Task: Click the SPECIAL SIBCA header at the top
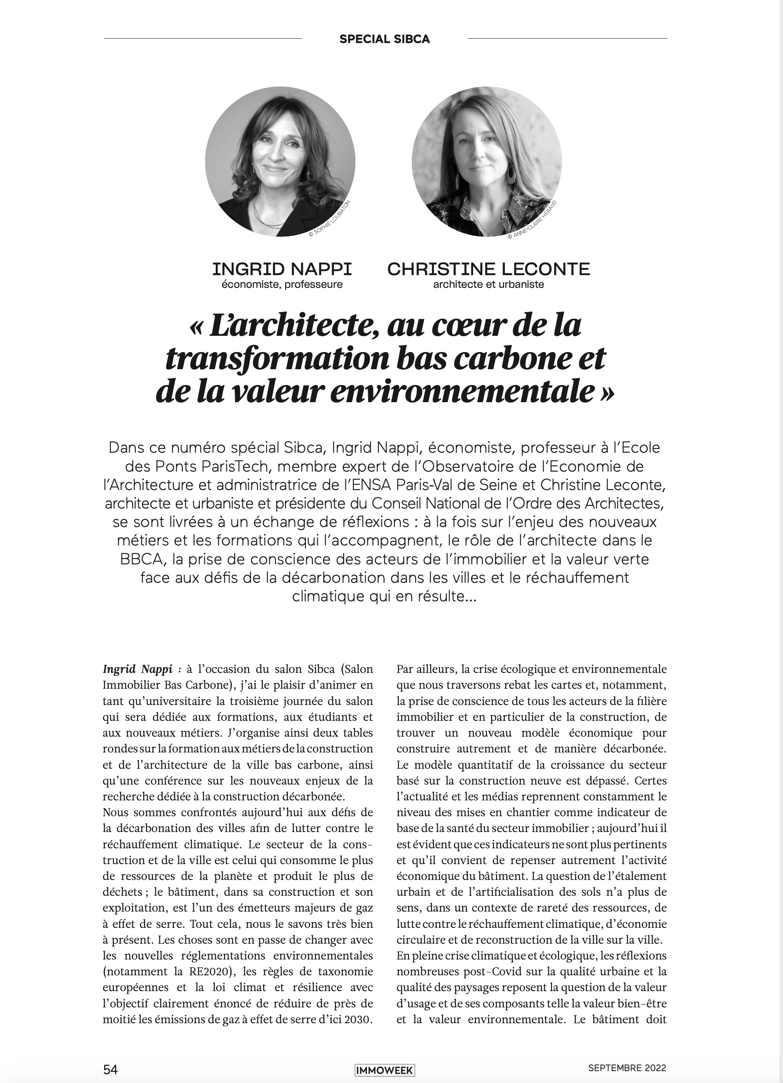[x=384, y=39]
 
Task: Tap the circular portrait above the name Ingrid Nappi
[x=280, y=161]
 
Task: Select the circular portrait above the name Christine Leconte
[x=486, y=161]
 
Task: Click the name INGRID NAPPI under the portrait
[x=282, y=269]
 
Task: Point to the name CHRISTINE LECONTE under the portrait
[x=489, y=269]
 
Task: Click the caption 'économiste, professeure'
[x=282, y=285]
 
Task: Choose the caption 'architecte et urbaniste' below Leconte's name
[x=489, y=285]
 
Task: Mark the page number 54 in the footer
[x=110, y=1068]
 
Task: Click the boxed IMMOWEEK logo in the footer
[x=384, y=1068]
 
